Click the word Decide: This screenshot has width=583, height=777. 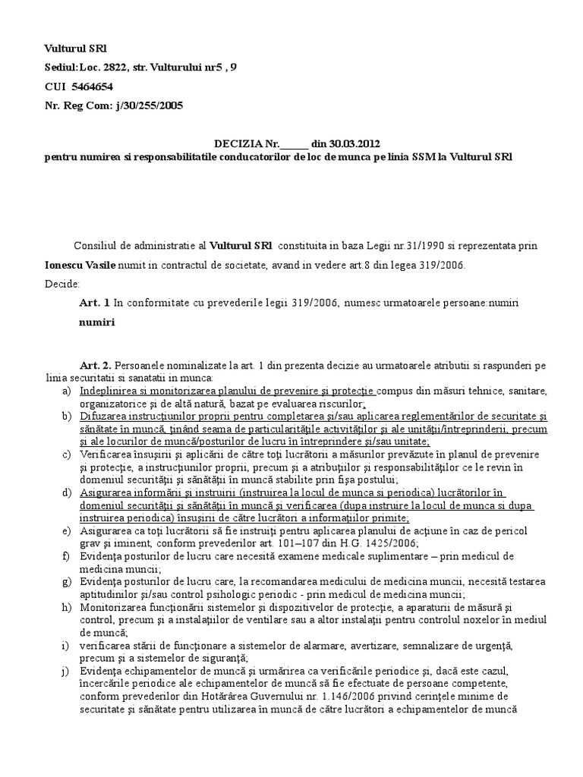tap(61, 284)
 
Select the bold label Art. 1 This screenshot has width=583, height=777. tap(94, 303)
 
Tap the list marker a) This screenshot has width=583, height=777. tap(66, 391)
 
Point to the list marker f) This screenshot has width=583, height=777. tap(65, 556)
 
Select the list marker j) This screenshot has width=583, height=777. tap(65, 671)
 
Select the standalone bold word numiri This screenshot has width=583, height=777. tap(96, 322)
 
